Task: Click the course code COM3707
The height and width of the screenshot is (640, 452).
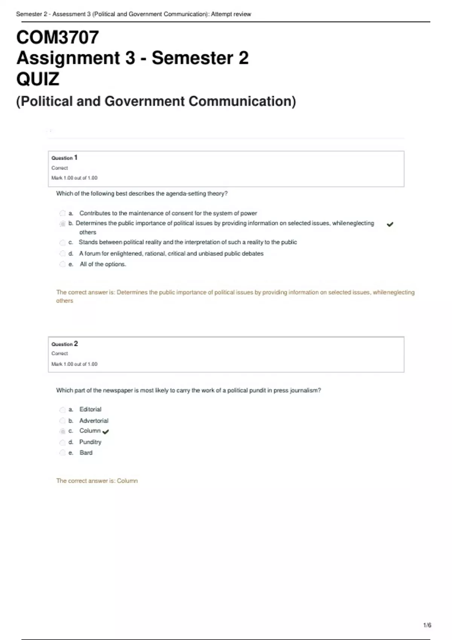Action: tap(58, 37)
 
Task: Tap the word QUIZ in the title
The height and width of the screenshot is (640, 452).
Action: tap(38, 79)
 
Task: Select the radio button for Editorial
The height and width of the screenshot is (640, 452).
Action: tap(63, 410)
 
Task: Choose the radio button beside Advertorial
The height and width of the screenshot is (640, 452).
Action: tap(63, 421)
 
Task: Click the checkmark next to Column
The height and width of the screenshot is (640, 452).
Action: tap(105, 432)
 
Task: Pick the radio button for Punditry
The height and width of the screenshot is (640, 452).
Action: tap(63, 442)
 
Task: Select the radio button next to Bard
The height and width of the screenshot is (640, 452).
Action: tap(63, 453)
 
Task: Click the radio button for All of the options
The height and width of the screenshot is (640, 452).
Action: tap(63, 264)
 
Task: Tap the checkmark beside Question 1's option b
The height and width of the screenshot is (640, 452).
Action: tap(390, 224)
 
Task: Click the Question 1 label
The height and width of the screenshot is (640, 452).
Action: tap(64, 158)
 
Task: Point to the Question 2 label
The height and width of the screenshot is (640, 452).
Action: tap(64, 344)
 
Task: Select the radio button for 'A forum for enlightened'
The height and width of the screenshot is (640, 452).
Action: tap(63, 253)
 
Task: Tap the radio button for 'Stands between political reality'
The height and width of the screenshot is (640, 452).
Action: tap(63, 242)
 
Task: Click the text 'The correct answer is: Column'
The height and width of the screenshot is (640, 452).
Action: tap(97, 481)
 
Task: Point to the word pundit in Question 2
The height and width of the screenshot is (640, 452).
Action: tap(257, 390)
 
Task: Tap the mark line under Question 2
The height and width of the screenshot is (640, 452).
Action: tap(74, 364)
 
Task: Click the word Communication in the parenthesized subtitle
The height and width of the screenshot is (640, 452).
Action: tap(242, 101)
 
